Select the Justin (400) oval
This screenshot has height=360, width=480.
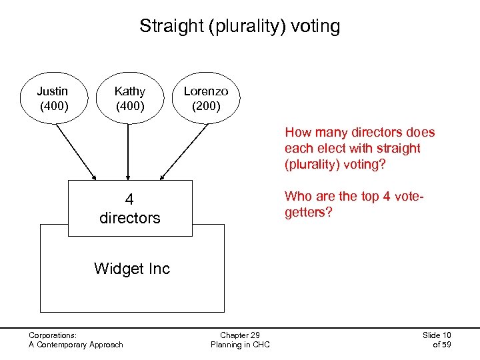(x=53, y=98)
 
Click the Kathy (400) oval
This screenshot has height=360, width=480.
(x=129, y=98)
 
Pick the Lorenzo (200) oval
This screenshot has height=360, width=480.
(x=206, y=98)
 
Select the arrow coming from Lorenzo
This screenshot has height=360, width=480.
(x=183, y=151)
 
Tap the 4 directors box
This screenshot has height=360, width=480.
(x=129, y=208)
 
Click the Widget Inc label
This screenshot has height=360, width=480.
(x=132, y=269)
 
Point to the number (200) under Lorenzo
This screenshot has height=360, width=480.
(x=206, y=105)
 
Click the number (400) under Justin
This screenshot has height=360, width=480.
(x=53, y=105)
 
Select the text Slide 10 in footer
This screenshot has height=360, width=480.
(x=437, y=335)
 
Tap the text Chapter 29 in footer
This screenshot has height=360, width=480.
(x=240, y=335)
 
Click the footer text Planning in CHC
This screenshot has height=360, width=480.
(x=240, y=345)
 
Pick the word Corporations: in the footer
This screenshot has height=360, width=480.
(x=53, y=335)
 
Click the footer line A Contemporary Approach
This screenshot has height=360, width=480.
(x=76, y=345)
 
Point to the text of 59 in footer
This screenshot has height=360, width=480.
(x=441, y=345)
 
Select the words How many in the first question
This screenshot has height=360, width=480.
(x=311, y=132)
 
